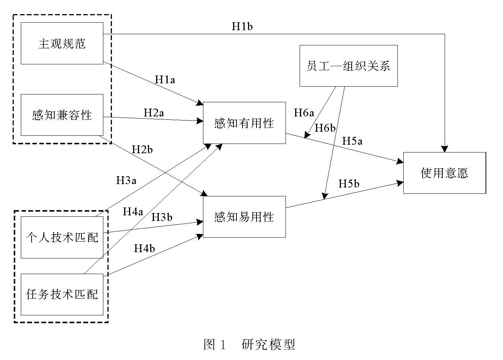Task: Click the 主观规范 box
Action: [x=62, y=43]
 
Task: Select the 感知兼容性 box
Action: [x=62, y=115]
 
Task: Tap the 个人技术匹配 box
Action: [x=62, y=237]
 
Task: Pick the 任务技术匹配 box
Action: [x=62, y=294]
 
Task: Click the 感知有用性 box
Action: [x=244, y=123]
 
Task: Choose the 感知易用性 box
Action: [x=244, y=216]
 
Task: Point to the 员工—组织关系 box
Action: [x=348, y=66]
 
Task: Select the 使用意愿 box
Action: [x=444, y=173]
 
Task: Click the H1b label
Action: [x=242, y=26]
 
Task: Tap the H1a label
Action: [x=165, y=79]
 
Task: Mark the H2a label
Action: [x=154, y=112]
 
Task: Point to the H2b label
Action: [x=142, y=150]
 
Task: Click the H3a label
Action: [x=126, y=180]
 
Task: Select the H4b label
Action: [x=144, y=248]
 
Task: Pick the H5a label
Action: [x=352, y=141]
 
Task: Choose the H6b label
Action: [x=325, y=128]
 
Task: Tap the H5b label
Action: [x=349, y=184]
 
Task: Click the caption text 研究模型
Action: [x=268, y=344]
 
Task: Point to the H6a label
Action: [x=304, y=113]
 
